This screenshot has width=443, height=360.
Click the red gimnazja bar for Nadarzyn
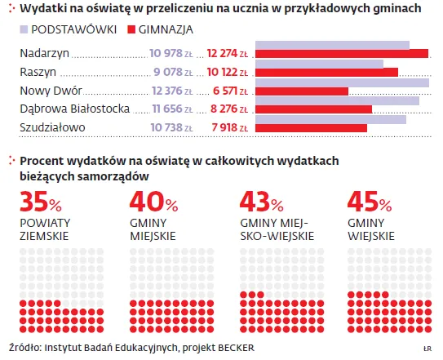342,54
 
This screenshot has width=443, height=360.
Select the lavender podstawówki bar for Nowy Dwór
342,82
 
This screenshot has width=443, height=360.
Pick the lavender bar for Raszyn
319,64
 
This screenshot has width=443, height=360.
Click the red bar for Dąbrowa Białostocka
314,109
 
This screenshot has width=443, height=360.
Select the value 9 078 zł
171,71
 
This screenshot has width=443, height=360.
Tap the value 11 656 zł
171,109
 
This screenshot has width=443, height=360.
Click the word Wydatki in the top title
42,10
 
